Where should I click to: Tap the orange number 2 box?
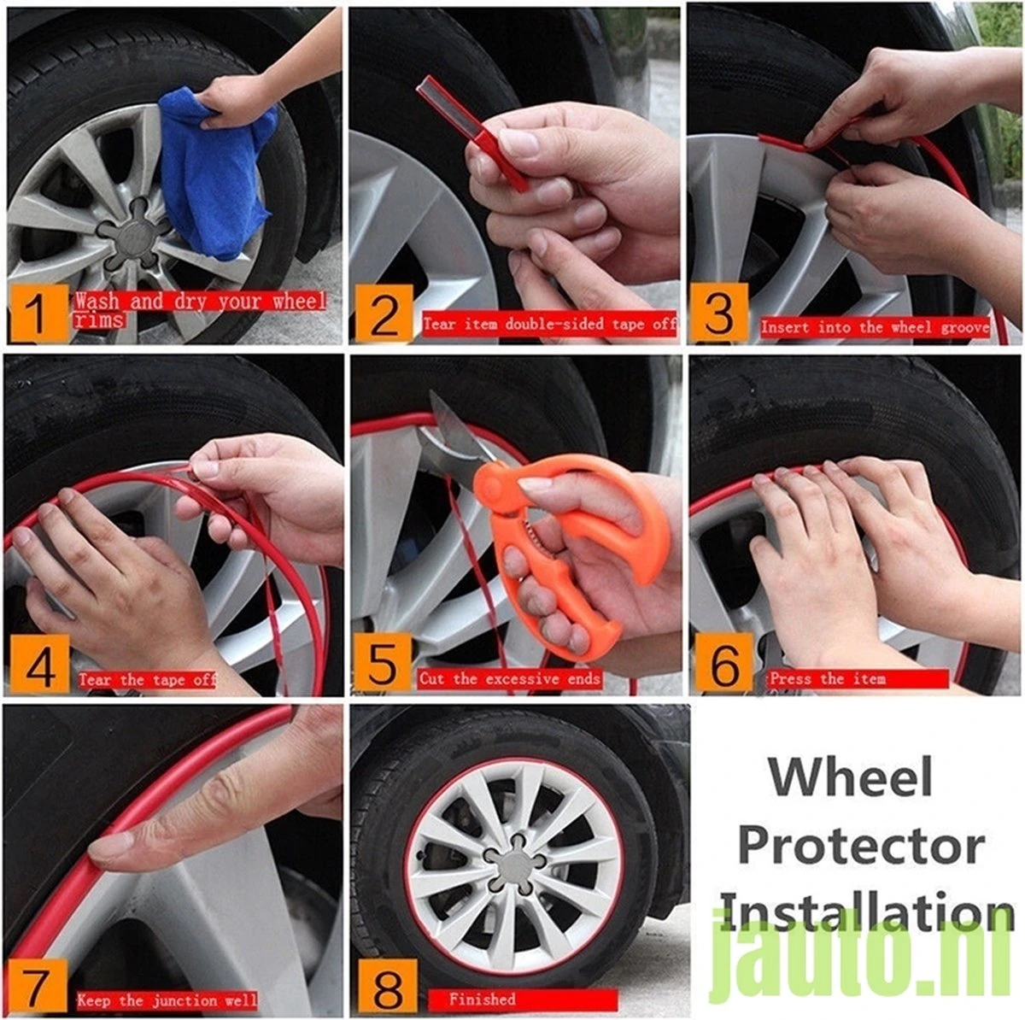(x=384, y=314)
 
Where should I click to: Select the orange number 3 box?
(x=719, y=314)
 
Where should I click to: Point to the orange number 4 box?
(x=38, y=665)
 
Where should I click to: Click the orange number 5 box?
(x=383, y=664)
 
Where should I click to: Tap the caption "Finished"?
(x=483, y=999)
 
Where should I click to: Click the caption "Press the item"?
(x=827, y=679)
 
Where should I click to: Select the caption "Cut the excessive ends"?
(x=510, y=679)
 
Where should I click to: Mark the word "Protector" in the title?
(x=860, y=846)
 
